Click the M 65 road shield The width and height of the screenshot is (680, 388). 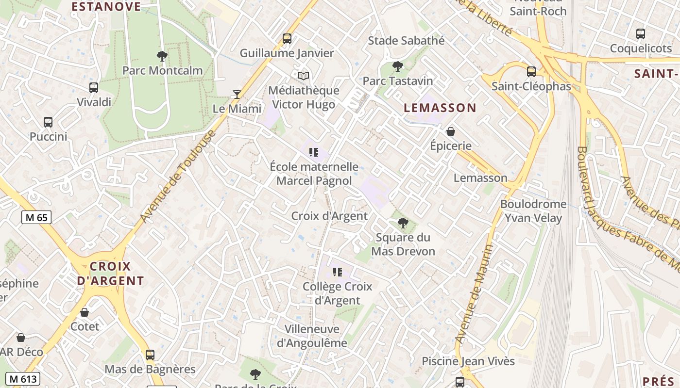point(36,217)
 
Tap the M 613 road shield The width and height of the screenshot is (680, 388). point(23,379)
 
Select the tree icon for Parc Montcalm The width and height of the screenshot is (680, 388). point(162,56)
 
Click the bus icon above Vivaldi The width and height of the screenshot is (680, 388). point(94,88)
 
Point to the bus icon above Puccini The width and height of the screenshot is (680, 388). point(48,122)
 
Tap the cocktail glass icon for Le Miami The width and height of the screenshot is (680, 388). point(237,94)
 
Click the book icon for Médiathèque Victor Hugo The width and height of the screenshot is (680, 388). point(304,76)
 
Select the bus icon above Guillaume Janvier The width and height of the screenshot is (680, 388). point(287,39)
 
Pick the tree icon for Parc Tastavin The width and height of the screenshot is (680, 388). point(398,66)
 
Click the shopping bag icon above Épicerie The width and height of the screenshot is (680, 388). point(451,131)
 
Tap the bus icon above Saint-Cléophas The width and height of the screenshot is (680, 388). point(531,72)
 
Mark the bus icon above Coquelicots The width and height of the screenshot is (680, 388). point(641,34)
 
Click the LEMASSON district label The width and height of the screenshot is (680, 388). point(440,108)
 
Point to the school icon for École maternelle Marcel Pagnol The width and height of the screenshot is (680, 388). point(314,152)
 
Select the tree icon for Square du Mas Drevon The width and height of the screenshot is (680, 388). point(403,223)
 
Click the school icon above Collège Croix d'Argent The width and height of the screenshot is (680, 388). point(338,272)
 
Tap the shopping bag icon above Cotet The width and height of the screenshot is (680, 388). point(85,312)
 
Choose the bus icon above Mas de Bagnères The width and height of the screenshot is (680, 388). point(150,355)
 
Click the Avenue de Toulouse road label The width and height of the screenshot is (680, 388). point(177,178)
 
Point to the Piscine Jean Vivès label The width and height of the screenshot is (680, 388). point(468,361)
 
